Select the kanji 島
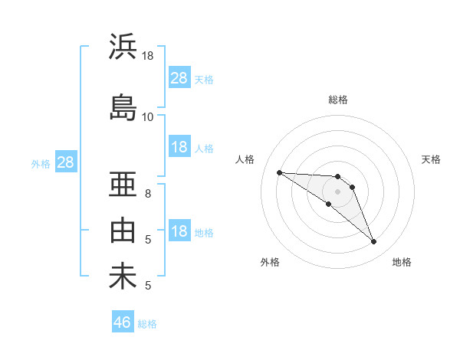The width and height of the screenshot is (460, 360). tap(123, 107)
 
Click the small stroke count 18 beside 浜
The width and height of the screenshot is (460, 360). tap(148, 56)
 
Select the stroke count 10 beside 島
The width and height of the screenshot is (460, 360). tap(148, 116)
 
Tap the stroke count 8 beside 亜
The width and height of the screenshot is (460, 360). tap(148, 193)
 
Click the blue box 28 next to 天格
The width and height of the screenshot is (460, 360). tap(179, 78)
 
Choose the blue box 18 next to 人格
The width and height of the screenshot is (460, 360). tap(179, 147)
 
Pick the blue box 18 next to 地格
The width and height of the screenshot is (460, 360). tap(179, 231)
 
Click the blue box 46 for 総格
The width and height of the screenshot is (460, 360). tap(123, 322)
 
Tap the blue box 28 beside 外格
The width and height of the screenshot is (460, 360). tap(65, 162)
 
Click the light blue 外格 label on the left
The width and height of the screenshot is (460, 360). tap(41, 163)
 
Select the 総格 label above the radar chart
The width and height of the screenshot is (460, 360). tap(338, 100)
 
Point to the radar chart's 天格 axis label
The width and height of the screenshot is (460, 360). tap(431, 159)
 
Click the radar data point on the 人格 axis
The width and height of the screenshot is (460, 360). tap(279, 172)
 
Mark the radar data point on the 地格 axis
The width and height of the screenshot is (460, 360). tap(373, 242)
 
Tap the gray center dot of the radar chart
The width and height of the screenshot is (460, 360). tap(338, 191)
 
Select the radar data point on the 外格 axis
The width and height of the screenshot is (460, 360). tap(328, 204)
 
